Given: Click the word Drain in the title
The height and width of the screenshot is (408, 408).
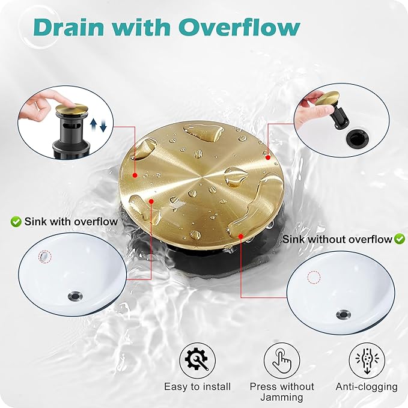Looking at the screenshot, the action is [x=69, y=27].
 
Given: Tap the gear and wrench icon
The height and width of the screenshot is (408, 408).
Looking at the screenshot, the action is [x=197, y=360].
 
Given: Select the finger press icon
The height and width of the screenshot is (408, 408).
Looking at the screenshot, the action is [x=282, y=360].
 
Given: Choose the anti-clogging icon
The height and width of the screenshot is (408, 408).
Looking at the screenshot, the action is [x=367, y=360].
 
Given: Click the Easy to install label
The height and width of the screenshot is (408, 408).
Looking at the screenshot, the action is [x=197, y=386].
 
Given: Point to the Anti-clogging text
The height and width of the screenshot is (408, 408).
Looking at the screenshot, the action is [x=367, y=387].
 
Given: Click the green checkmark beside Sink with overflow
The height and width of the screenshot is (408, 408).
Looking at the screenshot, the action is [x=16, y=222].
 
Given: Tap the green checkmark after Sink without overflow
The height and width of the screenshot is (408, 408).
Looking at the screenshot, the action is [x=400, y=239].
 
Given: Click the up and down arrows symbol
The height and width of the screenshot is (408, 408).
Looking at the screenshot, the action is [x=99, y=125].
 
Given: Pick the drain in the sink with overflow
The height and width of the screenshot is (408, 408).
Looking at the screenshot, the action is [x=76, y=296].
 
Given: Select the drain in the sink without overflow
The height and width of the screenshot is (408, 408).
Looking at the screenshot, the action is [x=344, y=314].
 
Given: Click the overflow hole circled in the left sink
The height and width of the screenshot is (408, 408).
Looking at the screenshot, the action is [x=44, y=257].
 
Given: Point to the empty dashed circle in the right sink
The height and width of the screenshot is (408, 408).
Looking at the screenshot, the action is [x=314, y=277].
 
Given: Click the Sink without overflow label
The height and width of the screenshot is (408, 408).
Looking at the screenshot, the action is [x=337, y=239].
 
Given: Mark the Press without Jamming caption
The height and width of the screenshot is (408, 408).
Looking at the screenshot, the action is [x=282, y=392].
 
